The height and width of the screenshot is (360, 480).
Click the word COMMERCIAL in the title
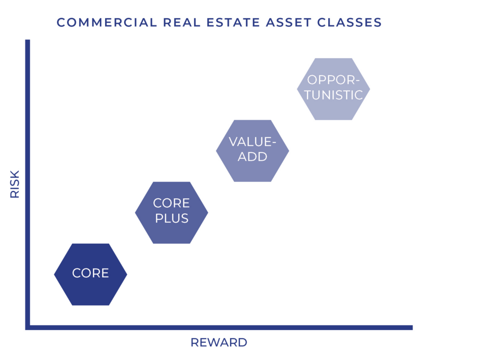(x=107, y=22)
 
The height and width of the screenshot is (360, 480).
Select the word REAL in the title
(x=181, y=22)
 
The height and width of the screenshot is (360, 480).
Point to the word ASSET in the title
(x=289, y=22)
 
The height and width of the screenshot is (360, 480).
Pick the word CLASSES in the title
(x=349, y=22)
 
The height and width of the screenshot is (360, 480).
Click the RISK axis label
(x=15, y=184)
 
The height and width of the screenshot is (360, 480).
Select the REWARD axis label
(x=219, y=342)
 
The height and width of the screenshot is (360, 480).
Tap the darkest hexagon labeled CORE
(x=90, y=274)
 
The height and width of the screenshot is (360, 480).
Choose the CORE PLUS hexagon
(x=172, y=212)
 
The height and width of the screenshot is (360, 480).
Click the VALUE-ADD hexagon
(x=253, y=150)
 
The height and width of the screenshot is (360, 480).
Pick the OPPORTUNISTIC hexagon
(x=333, y=89)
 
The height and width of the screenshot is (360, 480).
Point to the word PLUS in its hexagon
(x=172, y=218)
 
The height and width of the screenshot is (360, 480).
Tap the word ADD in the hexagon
(x=253, y=157)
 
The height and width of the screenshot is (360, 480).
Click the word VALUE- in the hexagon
(x=253, y=142)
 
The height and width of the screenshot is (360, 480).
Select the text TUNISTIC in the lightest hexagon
(x=333, y=95)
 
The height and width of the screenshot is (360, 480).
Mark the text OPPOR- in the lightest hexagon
(x=333, y=80)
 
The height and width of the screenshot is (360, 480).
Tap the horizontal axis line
(x=219, y=328)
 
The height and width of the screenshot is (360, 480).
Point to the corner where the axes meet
(x=28, y=328)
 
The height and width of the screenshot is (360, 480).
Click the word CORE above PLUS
(x=172, y=203)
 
